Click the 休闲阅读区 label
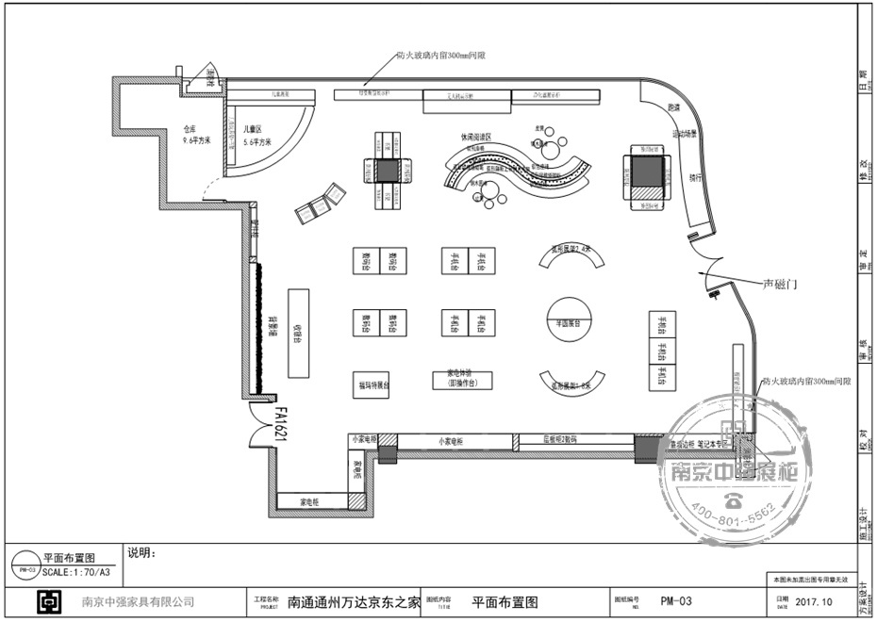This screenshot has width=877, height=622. click(476, 137)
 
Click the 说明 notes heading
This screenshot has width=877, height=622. click(140, 552)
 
